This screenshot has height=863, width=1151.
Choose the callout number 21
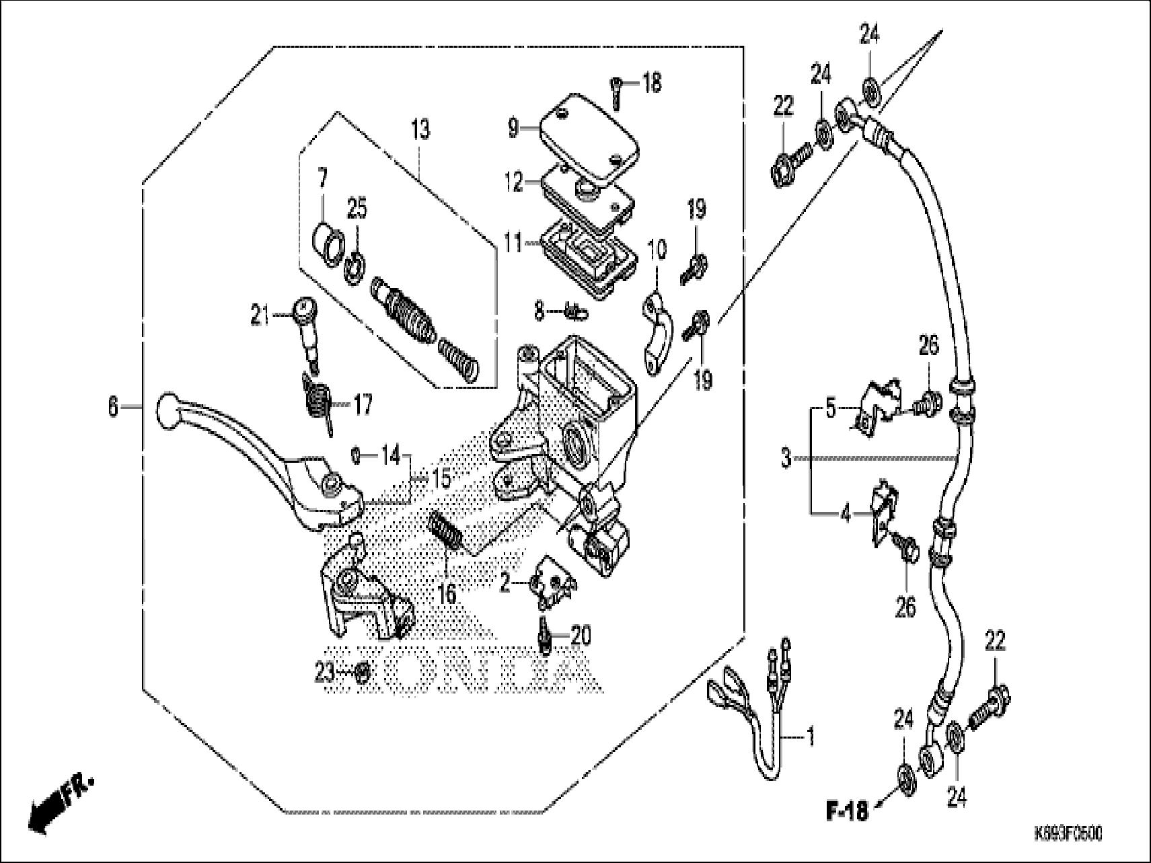coord(260,315)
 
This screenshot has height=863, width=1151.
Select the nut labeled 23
coord(362,672)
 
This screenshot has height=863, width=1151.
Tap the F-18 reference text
coord(846,811)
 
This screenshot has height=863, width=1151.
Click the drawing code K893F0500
coord(1068,834)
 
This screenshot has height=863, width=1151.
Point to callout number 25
coord(357,209)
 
